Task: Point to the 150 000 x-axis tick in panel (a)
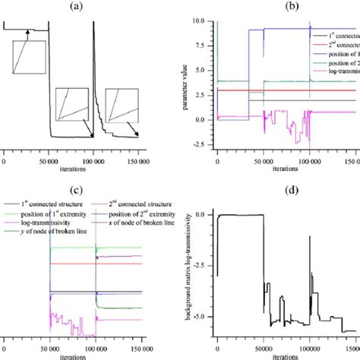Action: click(138, 161)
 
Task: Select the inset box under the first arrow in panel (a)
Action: click(24, 58)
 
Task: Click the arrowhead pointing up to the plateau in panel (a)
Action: click(27, 32)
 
